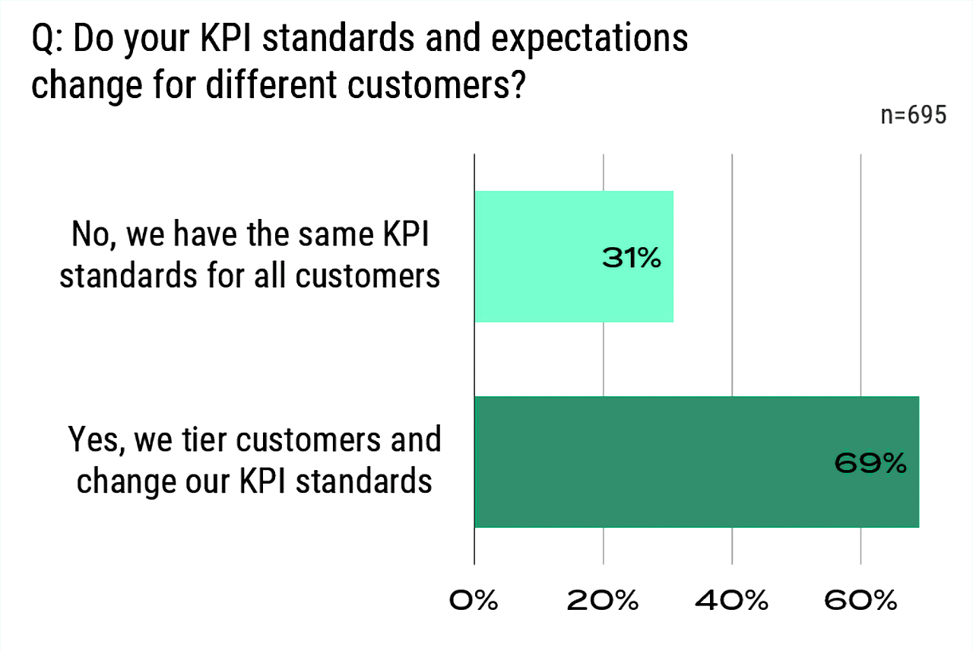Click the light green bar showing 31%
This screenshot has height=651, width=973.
tap(547, 256)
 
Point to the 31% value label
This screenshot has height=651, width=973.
tap(632, 259)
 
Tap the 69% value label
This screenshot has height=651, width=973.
tap(870, 463)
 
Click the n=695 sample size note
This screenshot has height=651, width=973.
tap(913, 116)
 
